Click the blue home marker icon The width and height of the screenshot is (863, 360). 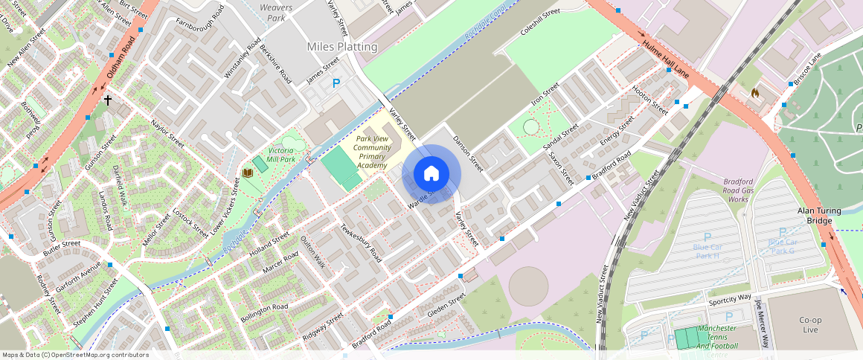tap(431, 173)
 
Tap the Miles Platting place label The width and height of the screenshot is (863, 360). tap(342, 47)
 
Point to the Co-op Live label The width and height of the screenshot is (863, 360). tap(809, 324)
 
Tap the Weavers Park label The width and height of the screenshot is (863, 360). tap(276, 12)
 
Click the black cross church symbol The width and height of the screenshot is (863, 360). tap(108, 100)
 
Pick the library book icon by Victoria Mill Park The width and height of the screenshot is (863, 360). tap(248, 173)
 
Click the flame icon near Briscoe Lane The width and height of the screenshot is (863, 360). tap(754, 94)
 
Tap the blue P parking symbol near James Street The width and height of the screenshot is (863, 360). tap(336, 84)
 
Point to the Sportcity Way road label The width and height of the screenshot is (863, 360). tap(729, 298)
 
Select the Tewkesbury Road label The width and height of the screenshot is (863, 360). tap(361, 243)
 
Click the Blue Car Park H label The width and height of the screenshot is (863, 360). tap(707, 251)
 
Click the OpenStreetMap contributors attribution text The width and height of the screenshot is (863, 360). tap(76, 355)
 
